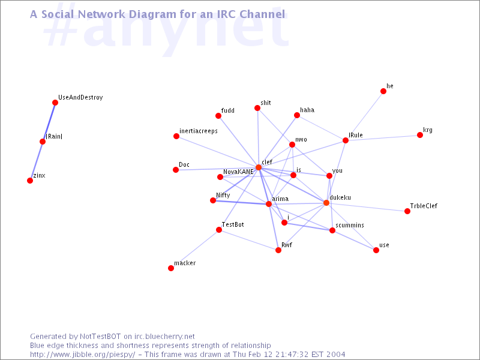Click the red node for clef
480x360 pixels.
(259, 167)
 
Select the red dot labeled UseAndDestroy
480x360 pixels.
(55, 103)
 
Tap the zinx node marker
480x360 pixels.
(30, 181)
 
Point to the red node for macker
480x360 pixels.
(171, 268)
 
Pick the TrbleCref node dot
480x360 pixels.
(407, 211)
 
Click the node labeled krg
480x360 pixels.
(420, 135)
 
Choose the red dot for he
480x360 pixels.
(383, 91)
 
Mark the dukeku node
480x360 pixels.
(326, 203)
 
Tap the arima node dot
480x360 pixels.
(269, 204)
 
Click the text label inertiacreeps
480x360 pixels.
(198, 131)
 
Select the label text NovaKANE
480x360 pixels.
(238, 172)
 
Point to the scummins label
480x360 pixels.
(350, 225)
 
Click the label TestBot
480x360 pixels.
(233, 224)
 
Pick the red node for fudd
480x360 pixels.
(218, 116)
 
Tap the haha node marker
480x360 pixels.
(296, 115)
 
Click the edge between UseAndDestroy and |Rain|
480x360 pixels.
(49, 122)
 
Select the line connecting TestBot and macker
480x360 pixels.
(195, 249)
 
